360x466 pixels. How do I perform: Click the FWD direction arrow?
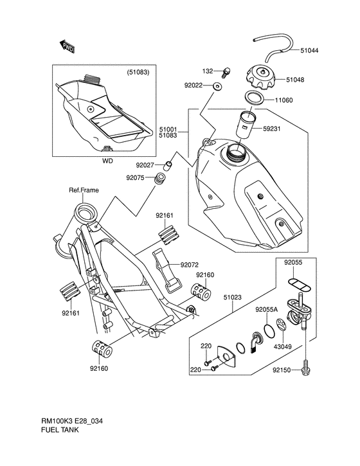pos(67,47)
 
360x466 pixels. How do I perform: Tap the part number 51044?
pos(309,51)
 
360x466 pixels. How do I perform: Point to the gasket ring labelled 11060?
pos(254,98)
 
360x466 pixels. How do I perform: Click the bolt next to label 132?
pos(226,73)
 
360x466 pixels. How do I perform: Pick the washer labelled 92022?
pos(217,87)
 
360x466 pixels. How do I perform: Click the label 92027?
pos(145,165)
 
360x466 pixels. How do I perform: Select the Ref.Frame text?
pos(84,190)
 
